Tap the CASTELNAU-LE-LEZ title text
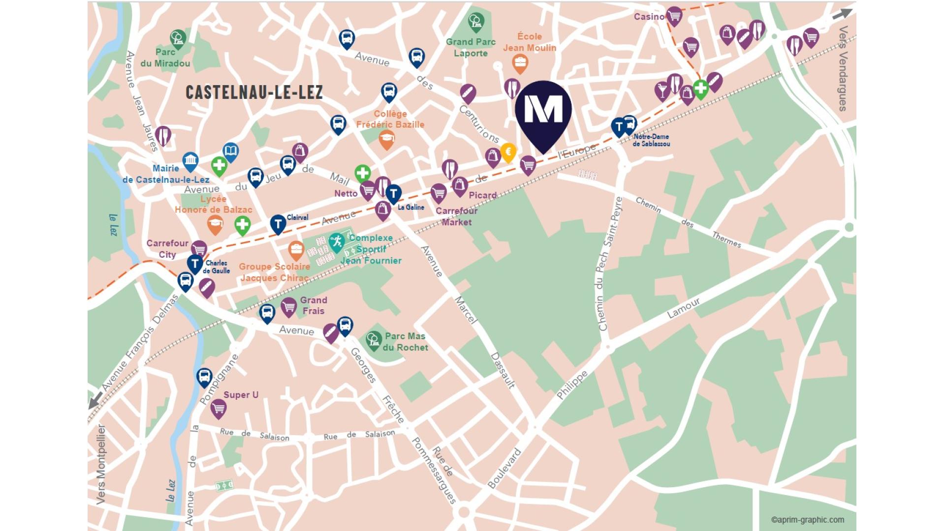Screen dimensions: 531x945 point(254,92)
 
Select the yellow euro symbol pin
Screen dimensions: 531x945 point(508,152)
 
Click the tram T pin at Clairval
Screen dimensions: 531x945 point(278,224)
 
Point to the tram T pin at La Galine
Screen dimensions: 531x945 point(393,193)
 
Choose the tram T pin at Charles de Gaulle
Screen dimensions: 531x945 point(195,264)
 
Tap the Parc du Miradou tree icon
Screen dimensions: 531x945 point(178,38)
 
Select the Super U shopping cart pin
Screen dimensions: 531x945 point(219,408)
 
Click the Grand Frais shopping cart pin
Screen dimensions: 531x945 point(289,307)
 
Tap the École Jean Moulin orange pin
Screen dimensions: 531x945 point(520,63)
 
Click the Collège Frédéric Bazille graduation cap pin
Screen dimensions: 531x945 point(387,140)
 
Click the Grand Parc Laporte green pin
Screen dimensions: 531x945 point(476,21)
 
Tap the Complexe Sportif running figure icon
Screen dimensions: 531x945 point(337,241)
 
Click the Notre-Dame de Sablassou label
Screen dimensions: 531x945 point(651,140)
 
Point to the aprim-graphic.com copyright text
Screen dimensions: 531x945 point(807,520)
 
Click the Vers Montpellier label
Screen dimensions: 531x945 point(101,465)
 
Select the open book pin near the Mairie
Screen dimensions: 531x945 point(231,151)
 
